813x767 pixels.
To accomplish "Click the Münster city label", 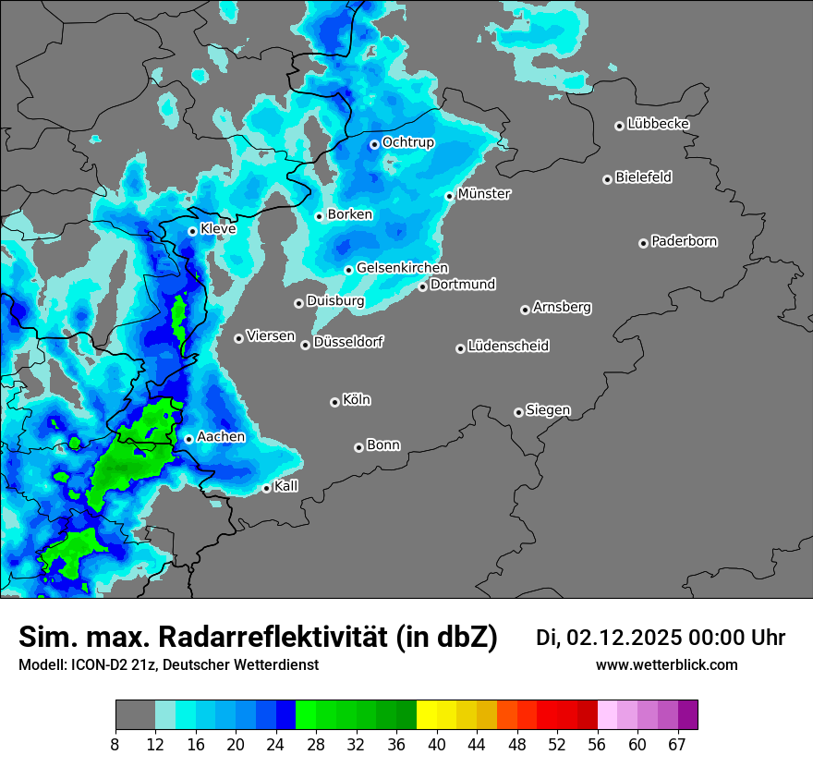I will pos(484,194).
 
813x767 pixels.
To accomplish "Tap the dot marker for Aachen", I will pos(188,439).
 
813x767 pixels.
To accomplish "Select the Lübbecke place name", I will pos(658,124).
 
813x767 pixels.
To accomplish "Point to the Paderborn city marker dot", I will pos(643,243).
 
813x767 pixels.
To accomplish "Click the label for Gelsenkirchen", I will pos(402,268).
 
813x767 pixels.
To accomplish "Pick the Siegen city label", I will pos(548,410).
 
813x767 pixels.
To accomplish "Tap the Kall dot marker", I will pos(266,488).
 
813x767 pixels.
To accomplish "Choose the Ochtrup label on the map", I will pos(407,142).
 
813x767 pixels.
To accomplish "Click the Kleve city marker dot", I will pos(192,231).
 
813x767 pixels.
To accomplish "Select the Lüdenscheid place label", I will pos(508,347).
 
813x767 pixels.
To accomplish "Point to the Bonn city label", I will pos(383,445).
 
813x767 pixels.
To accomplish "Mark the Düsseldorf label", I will pos(348,343).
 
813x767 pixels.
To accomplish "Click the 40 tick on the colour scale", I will pos(436,744).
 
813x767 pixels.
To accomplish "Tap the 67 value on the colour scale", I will pos(678,744).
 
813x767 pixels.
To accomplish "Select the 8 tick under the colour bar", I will pos(115,744).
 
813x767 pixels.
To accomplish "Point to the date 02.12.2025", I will pos(624,638).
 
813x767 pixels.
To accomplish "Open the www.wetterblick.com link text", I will pos(666,665).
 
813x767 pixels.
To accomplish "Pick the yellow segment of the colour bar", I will pos(426,715).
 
